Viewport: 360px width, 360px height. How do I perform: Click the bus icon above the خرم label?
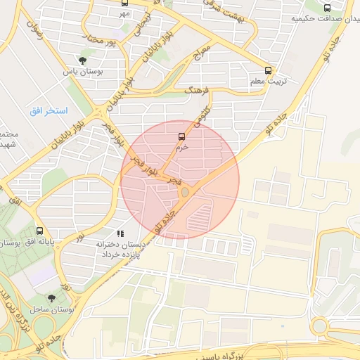pyautogui.click(x=181, y=136)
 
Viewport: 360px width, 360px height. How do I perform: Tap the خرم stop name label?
pyautogui.click(x=181, y=148)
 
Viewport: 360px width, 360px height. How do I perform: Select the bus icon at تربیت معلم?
pyautogui.click(x=267, y=70)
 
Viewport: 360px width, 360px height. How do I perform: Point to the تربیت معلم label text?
pyautogui.click(x=268, y=82)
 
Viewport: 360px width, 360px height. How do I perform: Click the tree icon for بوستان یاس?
pyautogui.click(x=83, y=60)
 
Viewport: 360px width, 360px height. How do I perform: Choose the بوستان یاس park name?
pyautogui.click(x=83, y=72)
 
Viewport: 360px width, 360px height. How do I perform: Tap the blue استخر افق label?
pyautogui.click(x=49, y=111)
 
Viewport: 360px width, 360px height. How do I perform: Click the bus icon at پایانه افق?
pyautogui.click(x=39, y=230)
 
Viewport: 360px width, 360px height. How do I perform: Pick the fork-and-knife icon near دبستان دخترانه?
pyautogui.click(x=120, y=233)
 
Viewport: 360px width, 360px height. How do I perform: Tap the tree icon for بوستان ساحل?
pyautogui.click(x=51, y=298)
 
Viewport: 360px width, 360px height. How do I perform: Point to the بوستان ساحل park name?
pyautogui.click(x=52, y=309)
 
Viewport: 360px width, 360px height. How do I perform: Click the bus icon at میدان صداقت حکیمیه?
pyautogui.click(x=327, y=8)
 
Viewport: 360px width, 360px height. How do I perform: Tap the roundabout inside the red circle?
pyautogui.click(x=185, y=191)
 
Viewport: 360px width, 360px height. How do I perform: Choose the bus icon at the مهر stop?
pyautogui.click(x=124, y=3)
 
